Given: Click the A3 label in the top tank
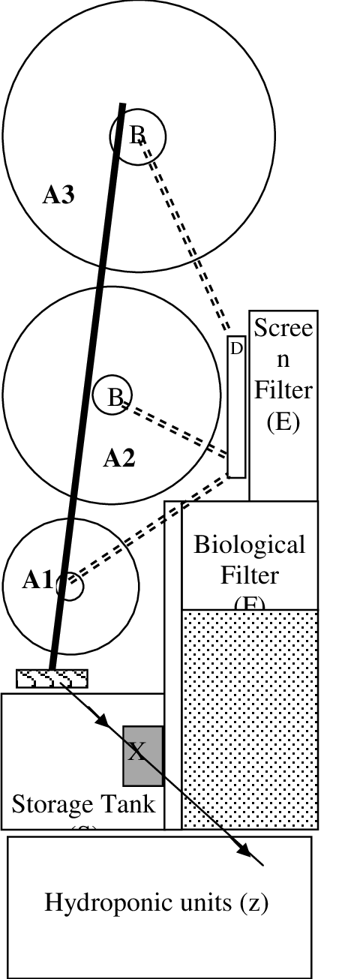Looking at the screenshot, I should click(x=59, y=196).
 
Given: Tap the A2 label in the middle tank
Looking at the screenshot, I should click(x=118, y=458).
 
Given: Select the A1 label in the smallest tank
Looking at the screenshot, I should click(x=37, y=580).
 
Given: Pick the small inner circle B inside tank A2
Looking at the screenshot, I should click(x=112, y=395).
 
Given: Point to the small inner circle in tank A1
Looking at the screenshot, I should click(x=70, y=587).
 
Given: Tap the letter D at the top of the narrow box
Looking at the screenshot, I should click(x=236, y=348).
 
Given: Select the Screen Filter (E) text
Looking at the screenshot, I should click(x=283, y=375).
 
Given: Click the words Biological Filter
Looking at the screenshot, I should click(x=250, y=560).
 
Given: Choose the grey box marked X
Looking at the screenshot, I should click(x=142, y=755).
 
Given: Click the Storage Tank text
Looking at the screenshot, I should click(x=83, y=804).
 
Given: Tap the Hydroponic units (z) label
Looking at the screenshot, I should click(x=157, y=902).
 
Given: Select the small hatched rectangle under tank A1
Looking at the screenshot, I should click(x=52, y=678).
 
